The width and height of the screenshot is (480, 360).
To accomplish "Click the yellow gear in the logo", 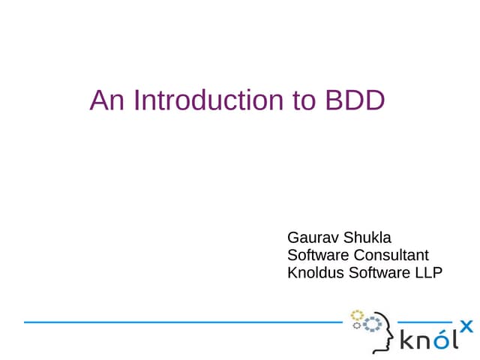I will [x=357, y=313].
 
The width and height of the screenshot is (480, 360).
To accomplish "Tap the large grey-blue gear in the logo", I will [x=373, y=323].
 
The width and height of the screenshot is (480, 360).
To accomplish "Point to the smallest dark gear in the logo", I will [x=357, y=325].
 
